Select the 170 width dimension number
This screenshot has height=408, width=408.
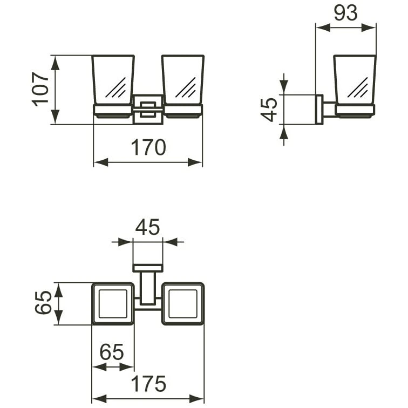pyautogui.click(x=147, y=147)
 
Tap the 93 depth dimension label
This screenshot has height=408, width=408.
pyautogui.click(x=345, y=13)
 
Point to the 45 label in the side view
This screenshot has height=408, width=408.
pyautogui.click(x=269, y=109)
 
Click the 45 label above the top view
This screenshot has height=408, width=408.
pyautogui.click(x=147, y=228)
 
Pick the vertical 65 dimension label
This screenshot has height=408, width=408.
pyautogui.click(x=43, y=303)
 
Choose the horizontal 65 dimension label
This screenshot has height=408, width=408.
pyautogui.click(x=112, y=352)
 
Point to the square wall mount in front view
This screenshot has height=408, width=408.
pyautogui.click(x=147, y=108)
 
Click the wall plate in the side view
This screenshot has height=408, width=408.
pyautogui.click(x=319, y=109)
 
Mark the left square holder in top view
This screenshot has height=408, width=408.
pyautogui.click(x=113, y=303)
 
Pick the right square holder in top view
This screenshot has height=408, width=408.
pyautogui.click(x=183, y=303)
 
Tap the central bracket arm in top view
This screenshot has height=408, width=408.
pyautogui.click(x=147, y=289)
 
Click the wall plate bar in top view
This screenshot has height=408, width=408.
pyautogui.click(x=147, y=268)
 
